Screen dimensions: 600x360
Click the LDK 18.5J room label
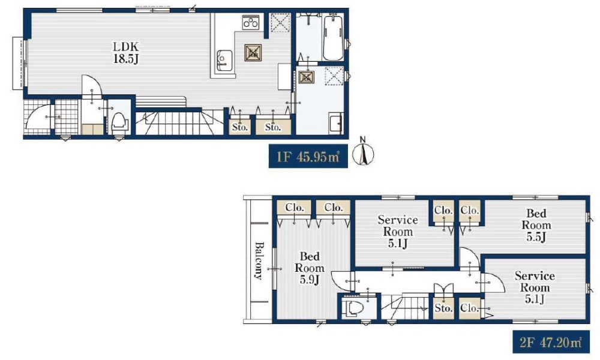pyautogui.click(x=126, y=52)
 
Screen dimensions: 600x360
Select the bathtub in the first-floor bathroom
pyautogui.click(x=333, y=37)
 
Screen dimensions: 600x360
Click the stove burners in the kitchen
pyautogui.click(x=251, y=22)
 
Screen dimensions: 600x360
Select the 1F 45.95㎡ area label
pyautogui.click(x=308, y=157)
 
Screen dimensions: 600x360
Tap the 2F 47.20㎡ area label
pyautogui.click(x=551, y=341)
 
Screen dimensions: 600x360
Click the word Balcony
pyautogui.click(x=259, y=260)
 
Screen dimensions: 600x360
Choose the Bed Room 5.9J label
pyautogui.click(x=309, y=268)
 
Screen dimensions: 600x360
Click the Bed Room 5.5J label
pyautogui.click(x=536, y=225)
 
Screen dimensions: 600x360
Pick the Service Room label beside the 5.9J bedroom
pyautogui.click(x=398, y=231)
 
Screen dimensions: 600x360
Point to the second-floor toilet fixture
pyautogui.click(x=353, y=308)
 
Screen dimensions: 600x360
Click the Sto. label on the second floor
pyautogui.click(x=443, y=308)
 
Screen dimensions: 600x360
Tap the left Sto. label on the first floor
pyautogui.click(x=240, y=127)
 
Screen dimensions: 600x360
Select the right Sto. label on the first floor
pyautogui.click(x=273, y=127)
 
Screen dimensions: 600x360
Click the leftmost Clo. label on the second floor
pyautogui.click(x=294, y=208)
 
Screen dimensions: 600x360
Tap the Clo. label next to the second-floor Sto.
pyautogui.click(x=469, y=308)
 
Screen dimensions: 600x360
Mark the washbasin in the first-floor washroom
pyautogui.click(x=335, y=123)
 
